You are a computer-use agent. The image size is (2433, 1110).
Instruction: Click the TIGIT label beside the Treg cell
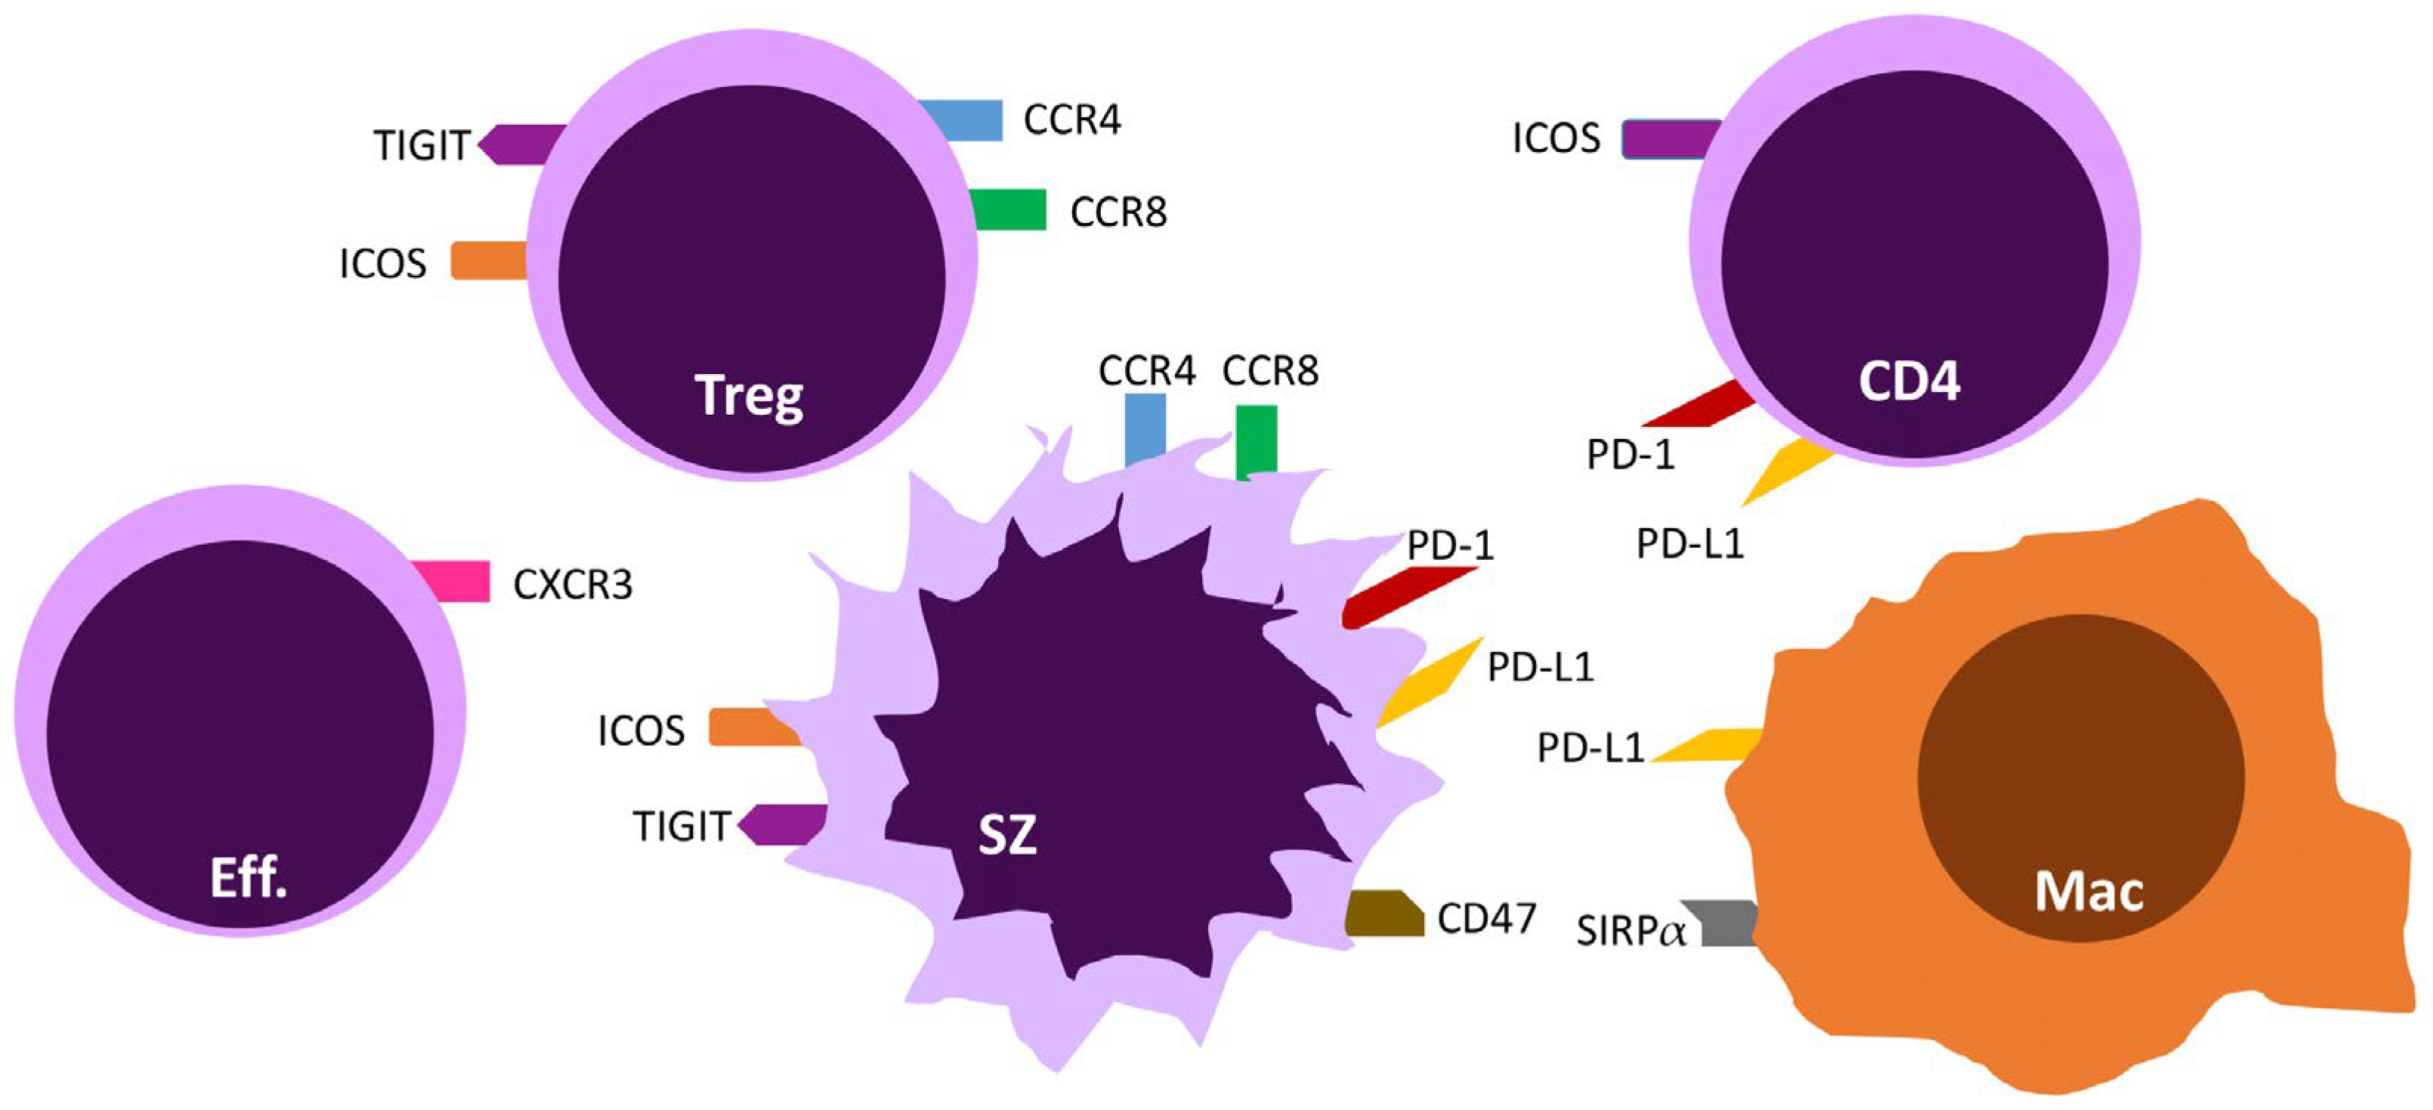pyautogui.click(x=422, y=146)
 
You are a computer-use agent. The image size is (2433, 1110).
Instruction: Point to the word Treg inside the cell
pyautogui.click(x=749, y=395)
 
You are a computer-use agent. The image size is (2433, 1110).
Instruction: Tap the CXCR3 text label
pyautogui.click(x=573, y=585)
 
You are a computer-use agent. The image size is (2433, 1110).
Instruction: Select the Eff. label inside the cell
pyautogui.click(x=249, y=879)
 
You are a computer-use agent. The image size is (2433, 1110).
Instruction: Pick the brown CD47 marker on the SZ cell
pyautogui.click(x=1384, y=914)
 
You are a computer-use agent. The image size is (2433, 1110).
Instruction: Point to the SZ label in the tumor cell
pyautogui.click(x=1006, y=835)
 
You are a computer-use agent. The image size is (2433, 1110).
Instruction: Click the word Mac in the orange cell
pyautogui.click(x=2088, y=891)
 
